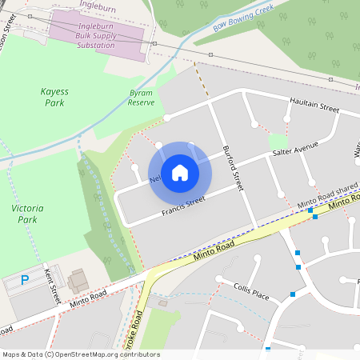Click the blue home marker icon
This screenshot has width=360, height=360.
tap(180, 172)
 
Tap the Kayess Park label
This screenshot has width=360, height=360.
tap(54, 97)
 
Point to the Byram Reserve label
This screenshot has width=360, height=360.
tap(141, 98)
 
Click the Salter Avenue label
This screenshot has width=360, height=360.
tap(294, 149)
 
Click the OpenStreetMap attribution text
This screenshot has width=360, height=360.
tap(80, 354)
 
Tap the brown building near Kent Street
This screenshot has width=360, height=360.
tap(78, 281)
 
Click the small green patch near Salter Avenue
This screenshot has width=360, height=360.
tap(278, 140)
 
